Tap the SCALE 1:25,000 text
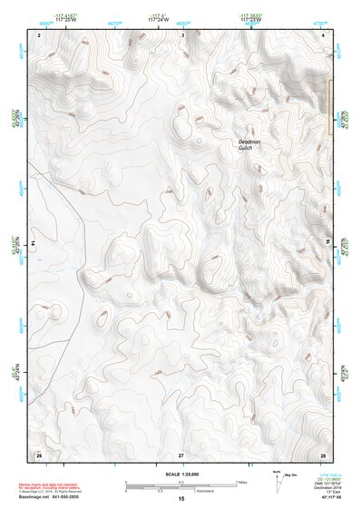point(180,474)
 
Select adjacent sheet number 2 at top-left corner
point(40,34)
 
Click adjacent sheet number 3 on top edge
point(183,34)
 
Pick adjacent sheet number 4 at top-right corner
point(324,34)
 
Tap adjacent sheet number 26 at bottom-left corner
point(39,454)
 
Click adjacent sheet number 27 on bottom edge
point(181,454)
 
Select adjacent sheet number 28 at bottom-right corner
point(323,454)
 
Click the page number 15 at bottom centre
point(180,500)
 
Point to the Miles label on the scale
point(242,482)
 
